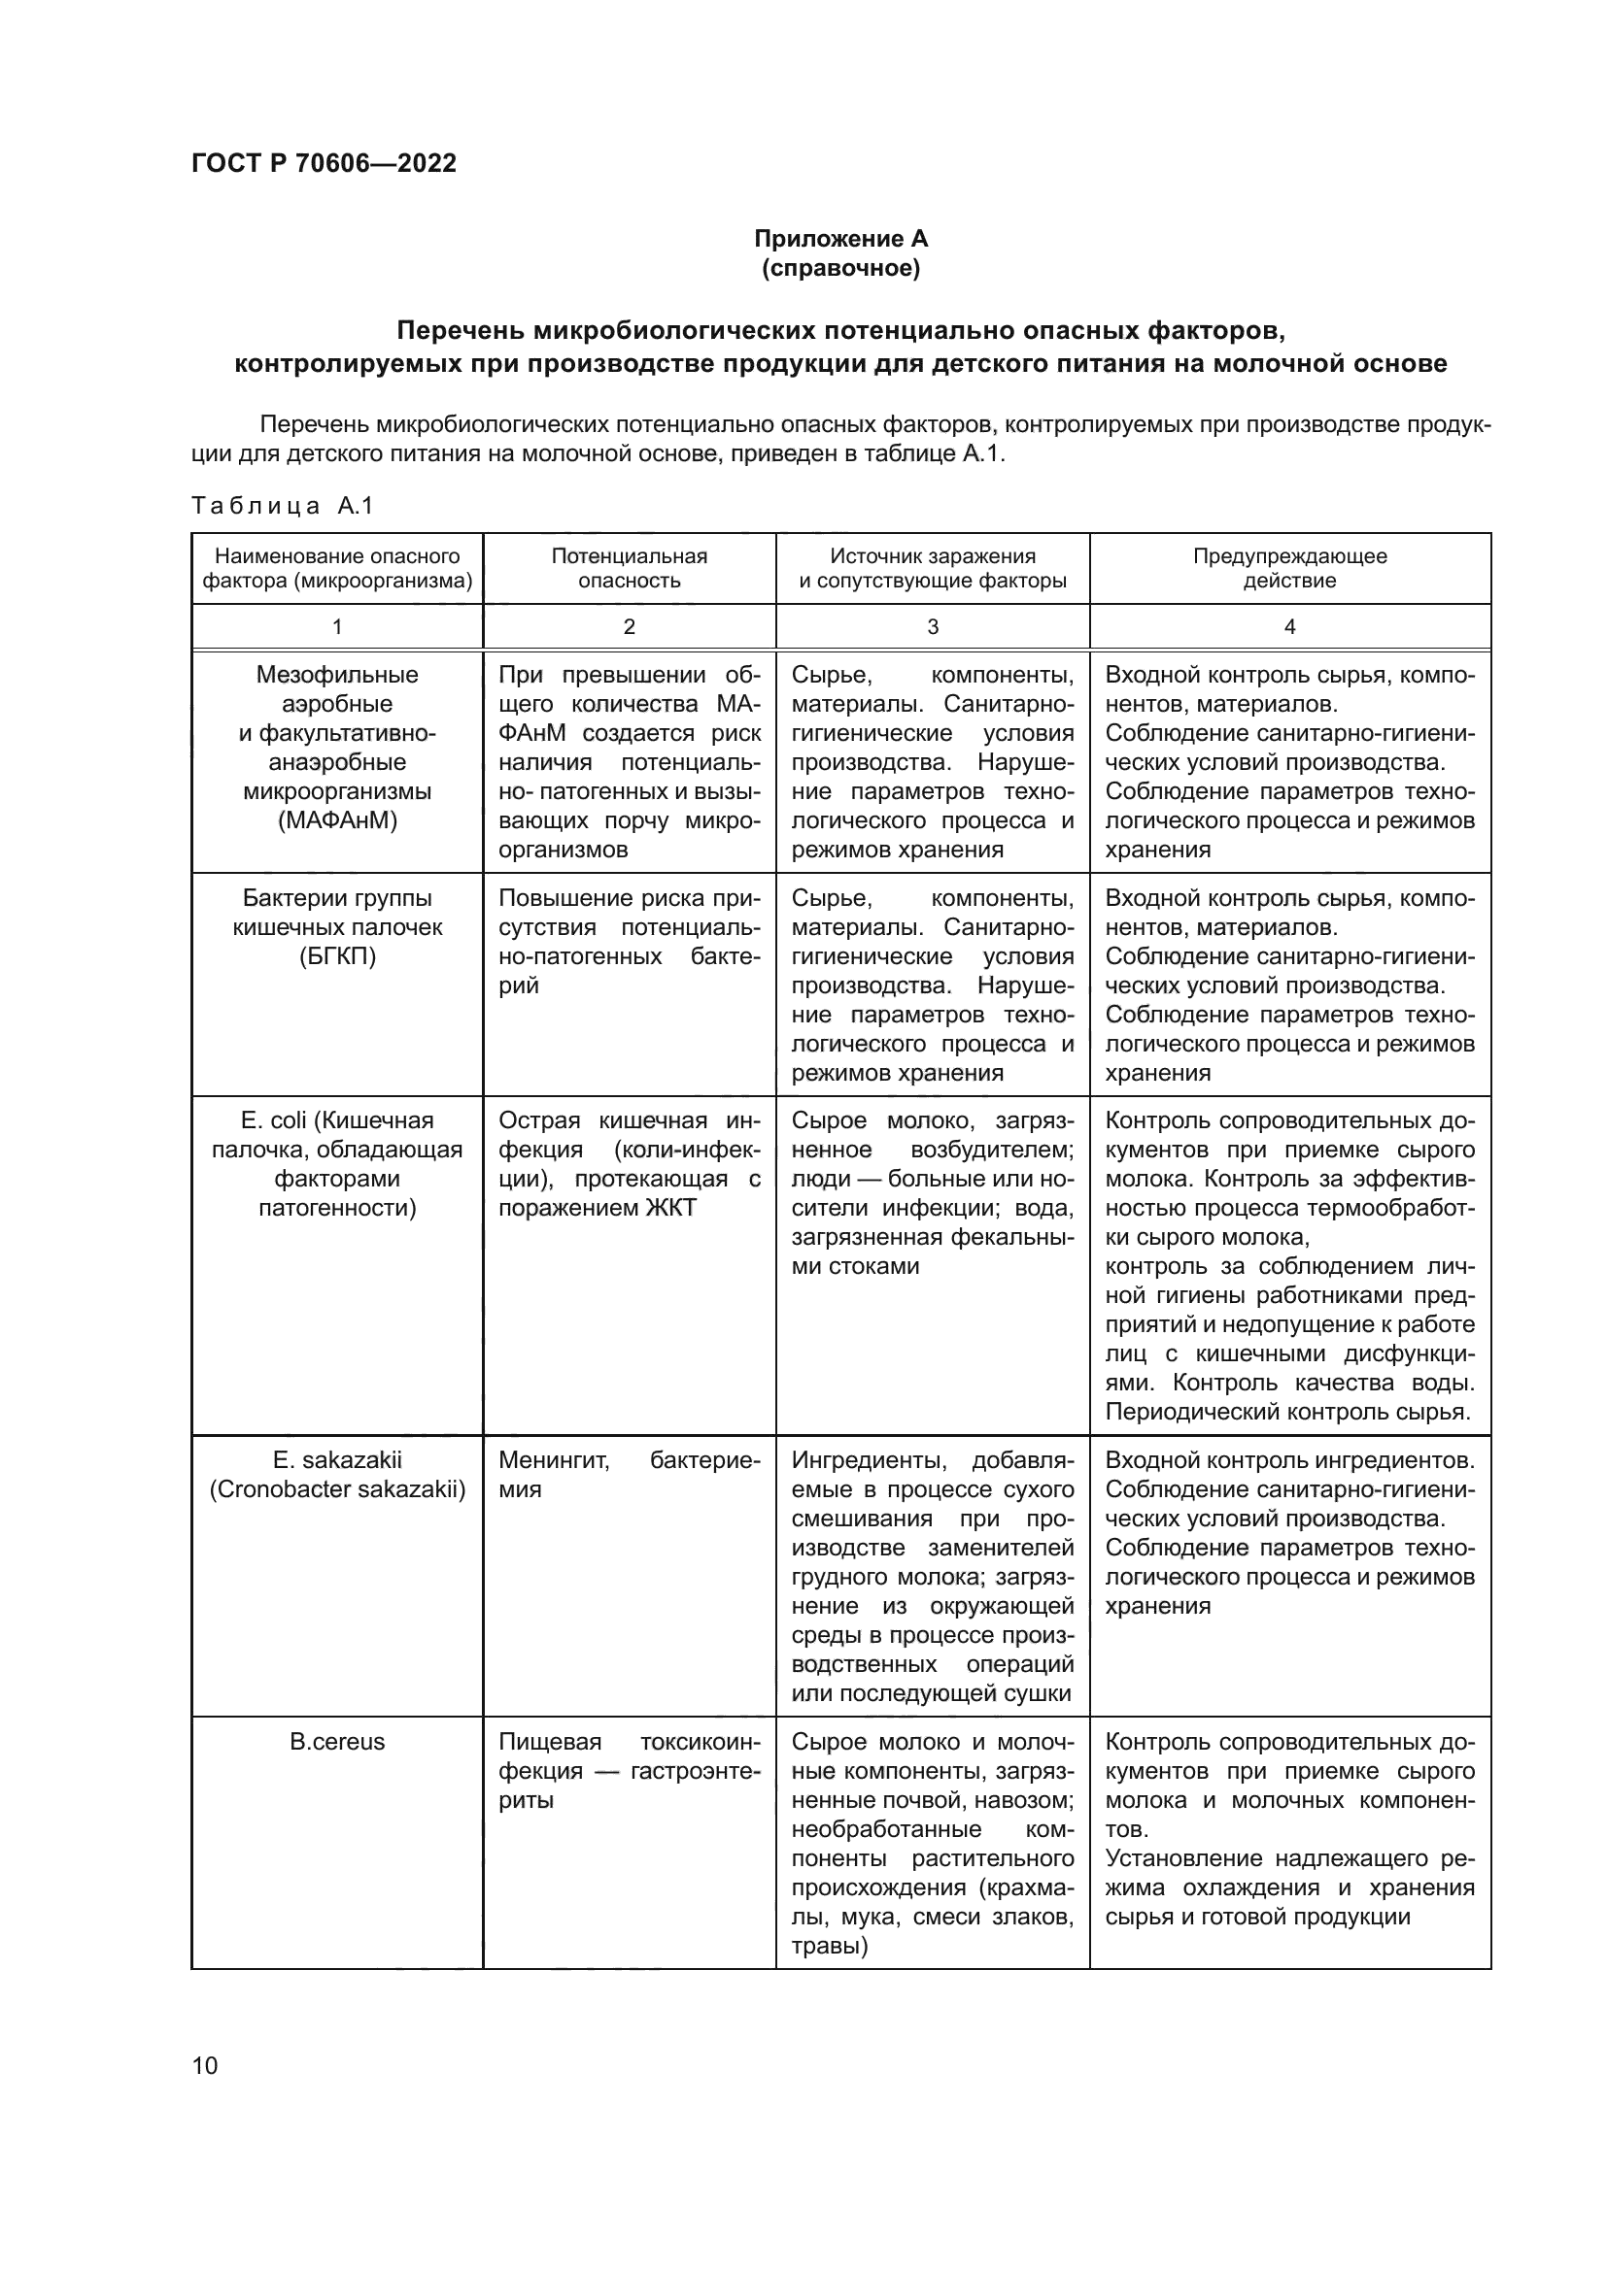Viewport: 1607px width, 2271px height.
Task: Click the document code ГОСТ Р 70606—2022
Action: (x=324, y=163)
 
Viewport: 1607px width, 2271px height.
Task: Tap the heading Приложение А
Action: (x=841, y=239)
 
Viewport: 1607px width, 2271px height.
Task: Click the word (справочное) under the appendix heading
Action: (x=841, y=268)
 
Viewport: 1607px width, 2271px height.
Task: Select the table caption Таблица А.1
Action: (x=282, y=507)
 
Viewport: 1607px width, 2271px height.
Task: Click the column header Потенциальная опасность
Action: (x=630, y=568)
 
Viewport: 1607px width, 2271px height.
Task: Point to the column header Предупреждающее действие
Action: (x=1289, y=568)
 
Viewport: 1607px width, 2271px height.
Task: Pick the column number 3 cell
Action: (x=932, y=626)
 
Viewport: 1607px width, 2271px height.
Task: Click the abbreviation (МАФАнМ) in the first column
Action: (x=337, y=820)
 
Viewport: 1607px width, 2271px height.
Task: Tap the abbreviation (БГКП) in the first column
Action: (x=337, y=956)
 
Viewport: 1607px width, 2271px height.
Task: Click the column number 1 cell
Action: (x=337, y=626)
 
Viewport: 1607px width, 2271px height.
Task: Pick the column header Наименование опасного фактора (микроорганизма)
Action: (x=337, y=568)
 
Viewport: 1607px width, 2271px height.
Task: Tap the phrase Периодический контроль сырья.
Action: (x=1288, y=1412)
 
